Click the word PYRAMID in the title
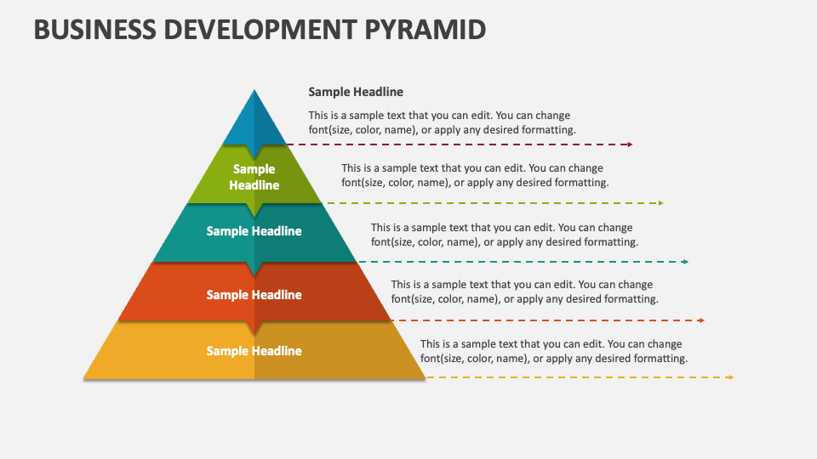tap(425, 30)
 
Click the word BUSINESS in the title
tap(94, 30)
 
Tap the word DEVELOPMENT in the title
tap(260, 30)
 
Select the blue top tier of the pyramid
tap(254, 122)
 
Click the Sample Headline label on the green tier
tap(254, 177)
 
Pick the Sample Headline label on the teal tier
tap(254, 231)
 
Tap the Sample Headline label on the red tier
tap(254, 295)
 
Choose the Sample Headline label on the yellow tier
tap(254, 351)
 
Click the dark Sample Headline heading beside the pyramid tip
tap(356, 92)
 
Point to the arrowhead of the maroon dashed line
tap(630, 144)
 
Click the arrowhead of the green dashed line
tap(660, 203)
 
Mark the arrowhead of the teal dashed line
tap(686, 262)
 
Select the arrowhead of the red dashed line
tap(702, 320)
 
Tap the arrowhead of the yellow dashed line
tap(731, 377)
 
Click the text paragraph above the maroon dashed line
tap(443, 122)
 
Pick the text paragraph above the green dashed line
tap(475, 175)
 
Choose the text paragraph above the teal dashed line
tap(505, 235)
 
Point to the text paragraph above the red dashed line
tap(525, 292)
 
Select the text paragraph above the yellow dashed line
tap(554, 351)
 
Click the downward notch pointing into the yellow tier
tap(254, 328)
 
